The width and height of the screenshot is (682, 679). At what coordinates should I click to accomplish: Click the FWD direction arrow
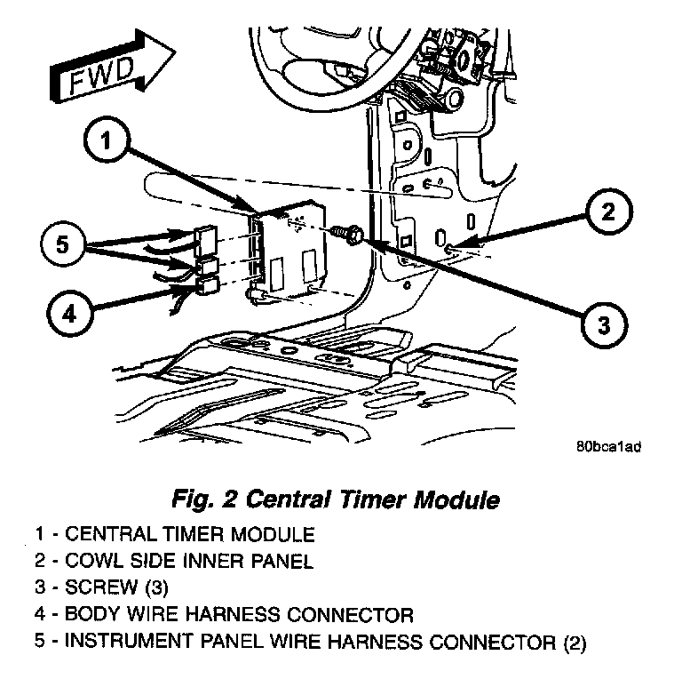point(101,68)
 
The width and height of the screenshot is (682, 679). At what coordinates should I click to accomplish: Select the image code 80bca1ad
point(607,447)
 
